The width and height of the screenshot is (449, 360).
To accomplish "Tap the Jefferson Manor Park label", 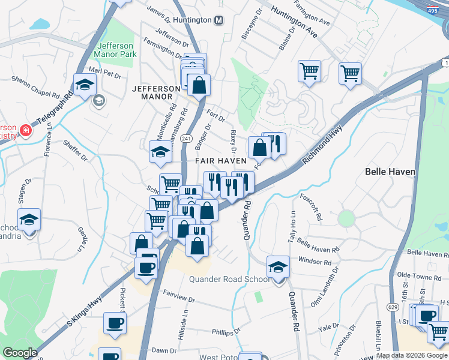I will click(116, 49).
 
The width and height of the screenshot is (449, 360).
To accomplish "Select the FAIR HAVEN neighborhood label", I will click(221, 161).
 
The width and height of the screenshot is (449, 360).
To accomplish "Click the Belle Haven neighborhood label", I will click(390, 172).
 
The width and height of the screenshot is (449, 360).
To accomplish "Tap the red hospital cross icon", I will click(25, 130).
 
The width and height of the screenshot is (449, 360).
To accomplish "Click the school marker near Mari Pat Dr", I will click(85, 84).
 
